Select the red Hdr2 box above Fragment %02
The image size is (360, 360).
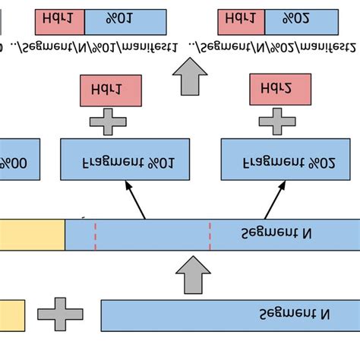point(280,90)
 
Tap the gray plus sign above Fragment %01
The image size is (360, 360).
point(109,121)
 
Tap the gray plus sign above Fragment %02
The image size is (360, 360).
point(278,121)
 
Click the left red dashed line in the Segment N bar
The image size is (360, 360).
point(96,234)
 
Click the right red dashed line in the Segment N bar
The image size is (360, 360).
point(210,234)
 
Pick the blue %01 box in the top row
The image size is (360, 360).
point(125,22)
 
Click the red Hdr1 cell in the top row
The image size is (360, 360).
point(60,22)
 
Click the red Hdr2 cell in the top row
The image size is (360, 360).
point(242,22)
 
